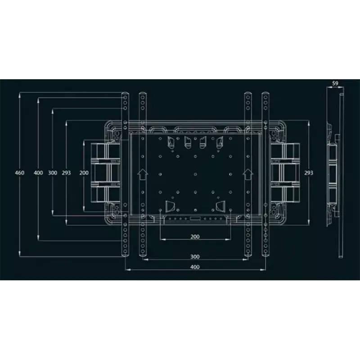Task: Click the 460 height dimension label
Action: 19,173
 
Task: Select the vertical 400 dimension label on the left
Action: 38,173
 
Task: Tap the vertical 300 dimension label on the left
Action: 53,173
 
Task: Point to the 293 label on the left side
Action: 66,173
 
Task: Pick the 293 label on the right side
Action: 309,173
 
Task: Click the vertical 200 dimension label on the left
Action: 84,173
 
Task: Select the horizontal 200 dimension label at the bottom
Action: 195,237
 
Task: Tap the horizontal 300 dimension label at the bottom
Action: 195,256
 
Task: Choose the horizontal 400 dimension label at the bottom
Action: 195,267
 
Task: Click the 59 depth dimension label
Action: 335,83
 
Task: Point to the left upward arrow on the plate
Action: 143,174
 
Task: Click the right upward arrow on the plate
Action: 248,174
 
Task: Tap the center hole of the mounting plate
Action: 195,174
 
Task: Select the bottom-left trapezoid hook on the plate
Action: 170,206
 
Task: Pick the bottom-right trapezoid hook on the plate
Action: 220,206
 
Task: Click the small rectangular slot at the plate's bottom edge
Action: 195,218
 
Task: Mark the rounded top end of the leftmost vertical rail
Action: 125,94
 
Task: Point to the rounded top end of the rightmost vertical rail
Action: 265,94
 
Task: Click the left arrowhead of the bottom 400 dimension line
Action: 128,270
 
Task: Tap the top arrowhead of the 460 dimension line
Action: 19,94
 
